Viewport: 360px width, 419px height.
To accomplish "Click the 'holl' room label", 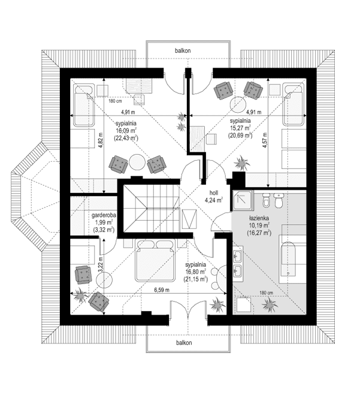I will click(x=213, y=193).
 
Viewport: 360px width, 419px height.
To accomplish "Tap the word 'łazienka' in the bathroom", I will click(x=259, y=219).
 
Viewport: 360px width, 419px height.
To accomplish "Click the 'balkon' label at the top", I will click(x=183, y=51).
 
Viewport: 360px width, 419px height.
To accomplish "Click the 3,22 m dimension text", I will click(x=99, y=264).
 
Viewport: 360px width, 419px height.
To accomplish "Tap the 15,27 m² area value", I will click(x=240, y=128).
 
